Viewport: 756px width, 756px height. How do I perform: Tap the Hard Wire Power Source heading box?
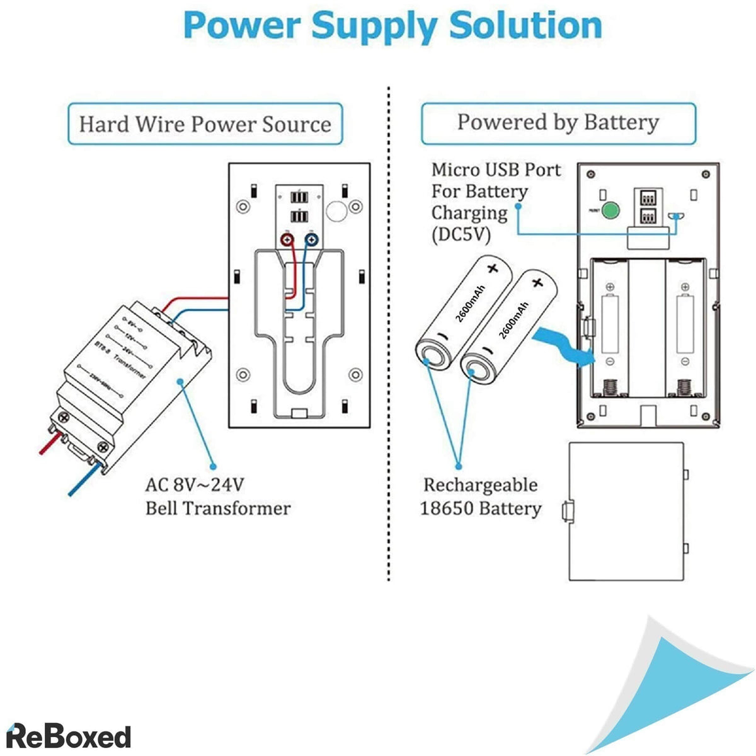205,124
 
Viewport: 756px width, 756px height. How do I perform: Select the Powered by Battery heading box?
558,122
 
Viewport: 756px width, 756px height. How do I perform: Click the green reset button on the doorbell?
609,211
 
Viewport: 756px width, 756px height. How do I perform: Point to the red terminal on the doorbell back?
287,239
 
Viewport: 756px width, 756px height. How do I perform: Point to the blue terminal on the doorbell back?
311,239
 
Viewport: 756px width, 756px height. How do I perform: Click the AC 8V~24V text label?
195,484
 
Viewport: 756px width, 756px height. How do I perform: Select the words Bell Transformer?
218,508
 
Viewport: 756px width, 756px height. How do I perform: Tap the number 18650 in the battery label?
446,508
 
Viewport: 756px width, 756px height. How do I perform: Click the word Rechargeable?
480,485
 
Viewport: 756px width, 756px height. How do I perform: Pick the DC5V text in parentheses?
461,234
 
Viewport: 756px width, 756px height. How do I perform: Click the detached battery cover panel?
626,510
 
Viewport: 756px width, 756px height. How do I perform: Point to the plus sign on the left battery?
492,268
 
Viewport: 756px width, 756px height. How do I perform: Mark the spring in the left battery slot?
609,387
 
